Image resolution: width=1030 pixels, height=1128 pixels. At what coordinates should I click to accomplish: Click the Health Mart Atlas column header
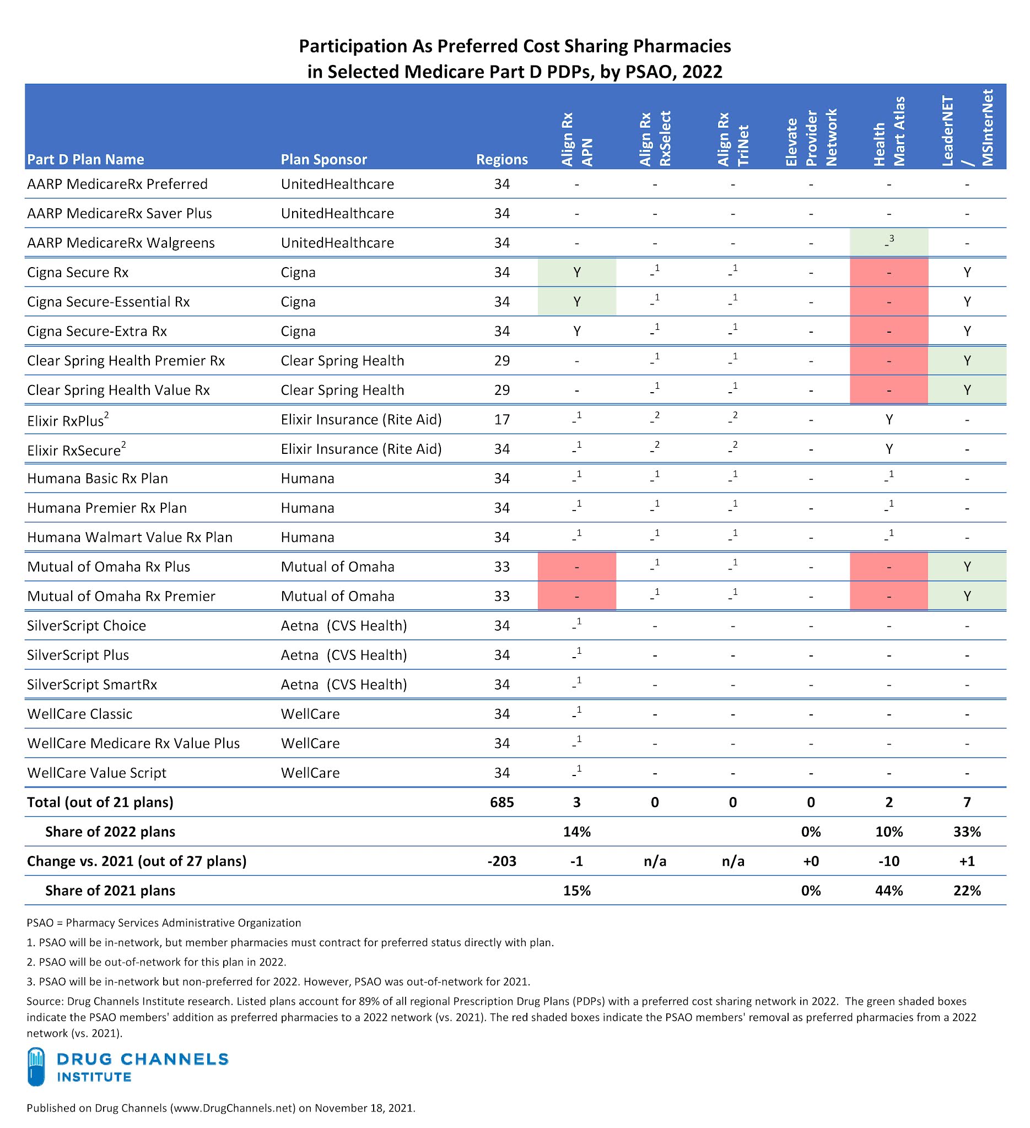[x=888, y=132]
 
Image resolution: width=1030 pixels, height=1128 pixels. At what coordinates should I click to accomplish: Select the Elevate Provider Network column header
[x=811, y=138]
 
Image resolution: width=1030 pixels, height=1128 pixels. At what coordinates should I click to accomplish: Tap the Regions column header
[x=501, y=160]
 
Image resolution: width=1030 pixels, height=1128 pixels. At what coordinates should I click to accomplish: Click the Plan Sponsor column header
[x=323, y=160]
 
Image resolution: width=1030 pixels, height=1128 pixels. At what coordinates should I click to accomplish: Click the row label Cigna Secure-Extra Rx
[x=97, y=331]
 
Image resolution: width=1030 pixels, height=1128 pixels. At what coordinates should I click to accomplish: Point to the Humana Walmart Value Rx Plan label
[x=130, y=537]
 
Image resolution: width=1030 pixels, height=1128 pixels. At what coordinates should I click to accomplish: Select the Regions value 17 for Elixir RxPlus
[x=501, y=420]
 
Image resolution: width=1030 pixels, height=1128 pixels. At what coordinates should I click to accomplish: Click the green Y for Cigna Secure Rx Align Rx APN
[x=576, y=273]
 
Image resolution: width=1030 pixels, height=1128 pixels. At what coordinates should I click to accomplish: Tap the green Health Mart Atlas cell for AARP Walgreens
[x=888, y=243]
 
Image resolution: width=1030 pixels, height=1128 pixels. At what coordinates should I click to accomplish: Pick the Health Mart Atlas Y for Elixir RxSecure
[x=888, y=449]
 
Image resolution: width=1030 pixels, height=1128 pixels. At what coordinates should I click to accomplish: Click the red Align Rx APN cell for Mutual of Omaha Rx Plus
[x=576, y=567]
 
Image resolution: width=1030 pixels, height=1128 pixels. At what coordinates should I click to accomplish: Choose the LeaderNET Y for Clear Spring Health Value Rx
[x=967, y=390]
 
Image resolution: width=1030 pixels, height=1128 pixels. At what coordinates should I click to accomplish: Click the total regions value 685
[x=501, y=802]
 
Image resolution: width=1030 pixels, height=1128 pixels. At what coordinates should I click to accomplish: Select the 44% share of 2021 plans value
[x=888, y=891]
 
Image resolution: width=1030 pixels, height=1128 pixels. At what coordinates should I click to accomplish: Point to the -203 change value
[x=501, y=861]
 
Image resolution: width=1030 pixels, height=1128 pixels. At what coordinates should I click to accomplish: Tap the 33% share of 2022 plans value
[x=967, y=832]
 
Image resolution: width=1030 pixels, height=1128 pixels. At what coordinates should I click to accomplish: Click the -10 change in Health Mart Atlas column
[x=888, y=861]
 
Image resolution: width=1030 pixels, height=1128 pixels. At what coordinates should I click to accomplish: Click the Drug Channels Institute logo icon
[x=36, y=1066]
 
